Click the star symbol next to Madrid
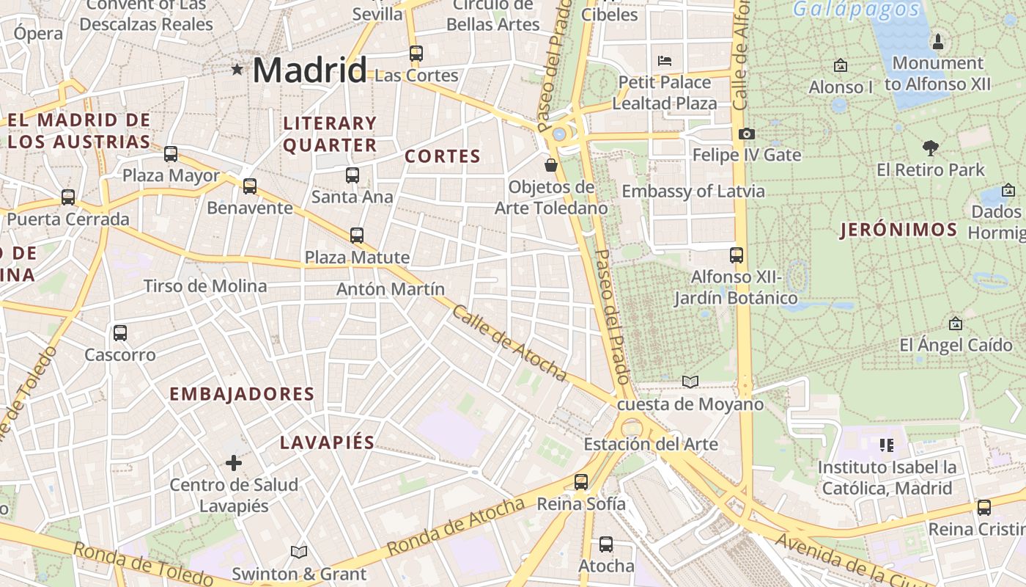(237, 70)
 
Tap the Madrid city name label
(309, 70)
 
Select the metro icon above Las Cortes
(416, 54)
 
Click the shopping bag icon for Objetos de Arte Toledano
(551, 165)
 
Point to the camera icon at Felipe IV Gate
(747, 134)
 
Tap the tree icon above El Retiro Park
(931, 148)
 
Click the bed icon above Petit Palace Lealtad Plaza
(665, 60)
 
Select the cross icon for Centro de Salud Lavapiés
(234, 463)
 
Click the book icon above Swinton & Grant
(298, 552)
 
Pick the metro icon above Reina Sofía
(581, 482)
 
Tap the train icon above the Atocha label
(606, 544)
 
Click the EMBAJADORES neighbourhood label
(242, 394)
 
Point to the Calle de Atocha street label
(509, 343)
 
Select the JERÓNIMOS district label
(898, 230)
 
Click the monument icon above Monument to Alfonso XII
(937, 42)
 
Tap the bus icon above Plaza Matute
(357, 236)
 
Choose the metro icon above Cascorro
(120, 333)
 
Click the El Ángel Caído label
(956, 345)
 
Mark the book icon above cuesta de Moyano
(690, 382)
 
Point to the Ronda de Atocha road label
(456, 526)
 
